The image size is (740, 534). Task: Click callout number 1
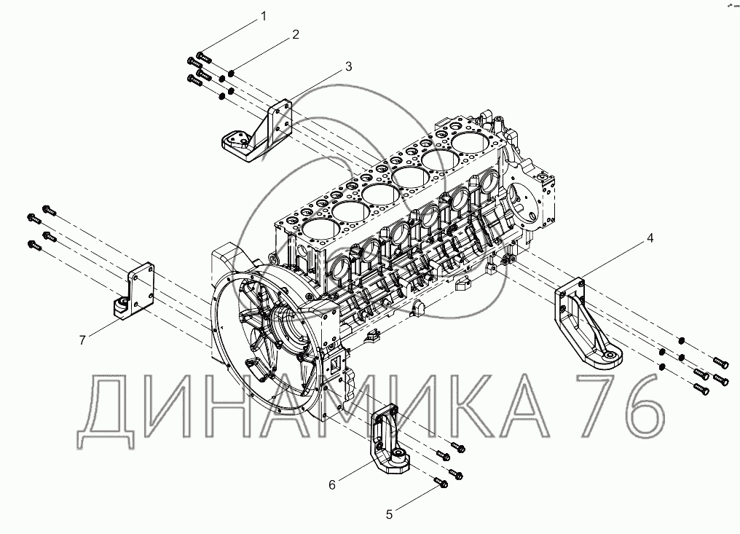(x=264, y=15)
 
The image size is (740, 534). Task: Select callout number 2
(x=296, y=34)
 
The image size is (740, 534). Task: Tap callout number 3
(x=348, y=66)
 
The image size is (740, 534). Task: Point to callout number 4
(x=650, y=237)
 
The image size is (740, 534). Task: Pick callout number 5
(x=389, y=514)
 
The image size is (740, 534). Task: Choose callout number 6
(x=331, y=483)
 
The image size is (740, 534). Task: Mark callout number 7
(x=83, y=339)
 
